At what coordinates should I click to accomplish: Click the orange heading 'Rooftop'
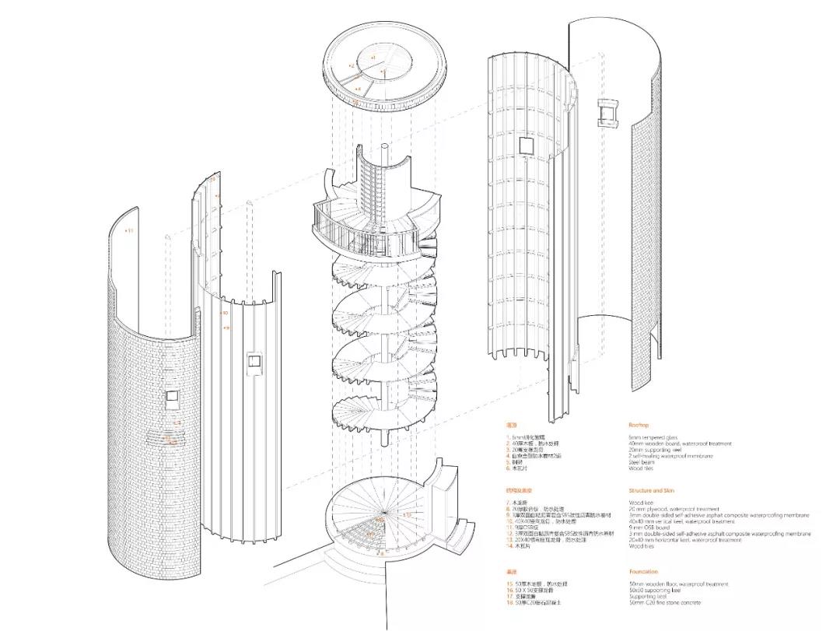tap(639, 425)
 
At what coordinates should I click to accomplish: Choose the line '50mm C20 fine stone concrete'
tap(665, 603)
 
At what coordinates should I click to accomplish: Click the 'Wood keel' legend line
tap(641, 503)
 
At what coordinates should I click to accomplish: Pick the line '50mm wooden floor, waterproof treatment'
tap(678, 584)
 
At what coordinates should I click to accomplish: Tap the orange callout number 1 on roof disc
tap(373, 58)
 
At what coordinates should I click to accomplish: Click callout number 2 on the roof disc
tap(352, 66)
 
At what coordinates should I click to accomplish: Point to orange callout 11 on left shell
tap(129, 231)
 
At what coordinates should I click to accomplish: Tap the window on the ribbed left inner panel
tap(253, 362)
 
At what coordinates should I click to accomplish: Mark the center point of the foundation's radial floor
tap(382, 514)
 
